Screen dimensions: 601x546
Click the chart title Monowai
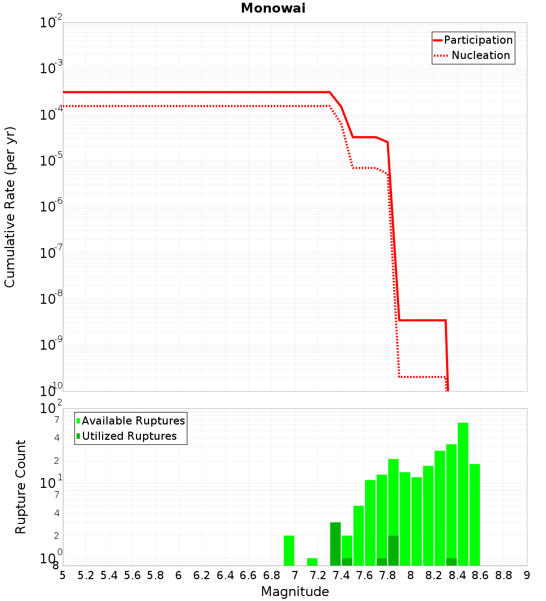pyautogui.click(x=273, y=9)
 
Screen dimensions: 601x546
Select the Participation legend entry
pyautogui.click(x=478, y=40)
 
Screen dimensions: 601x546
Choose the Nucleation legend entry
pyautogui.click(x=480, y=55)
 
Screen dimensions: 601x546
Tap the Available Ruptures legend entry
pyautogui.click(x=133, y=421)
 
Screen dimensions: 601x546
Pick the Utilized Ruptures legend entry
pyautogui.click(x=129, y=436)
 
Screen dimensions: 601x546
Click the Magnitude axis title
pyautogui.click(x=295, y=592)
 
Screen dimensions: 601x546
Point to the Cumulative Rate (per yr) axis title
pyautogui.click(x=10, y=207)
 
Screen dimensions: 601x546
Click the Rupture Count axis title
pyautogui.click(x=21, y=487)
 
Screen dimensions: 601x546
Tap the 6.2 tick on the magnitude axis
pyautogui.click(x=202, y=576)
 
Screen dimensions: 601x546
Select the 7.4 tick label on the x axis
pyautogui.click(x=341, y=576)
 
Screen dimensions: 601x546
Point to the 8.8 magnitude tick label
pyautogui.click(x=503, y=576)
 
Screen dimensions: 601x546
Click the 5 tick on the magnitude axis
pyautogui.click(x=63, y=576)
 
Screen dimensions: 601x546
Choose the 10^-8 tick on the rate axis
pyautogui.click(x=51, y=299)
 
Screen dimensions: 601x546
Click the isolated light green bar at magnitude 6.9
pyautogui.click(x=289, y=551)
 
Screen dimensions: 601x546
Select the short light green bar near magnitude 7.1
pyautogui.click(x=312, y=562)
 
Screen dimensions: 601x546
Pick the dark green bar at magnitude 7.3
pyautogui.click(x=335, y=544)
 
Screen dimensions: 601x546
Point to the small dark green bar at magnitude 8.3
pyautogui.click(x=452, y=562)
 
